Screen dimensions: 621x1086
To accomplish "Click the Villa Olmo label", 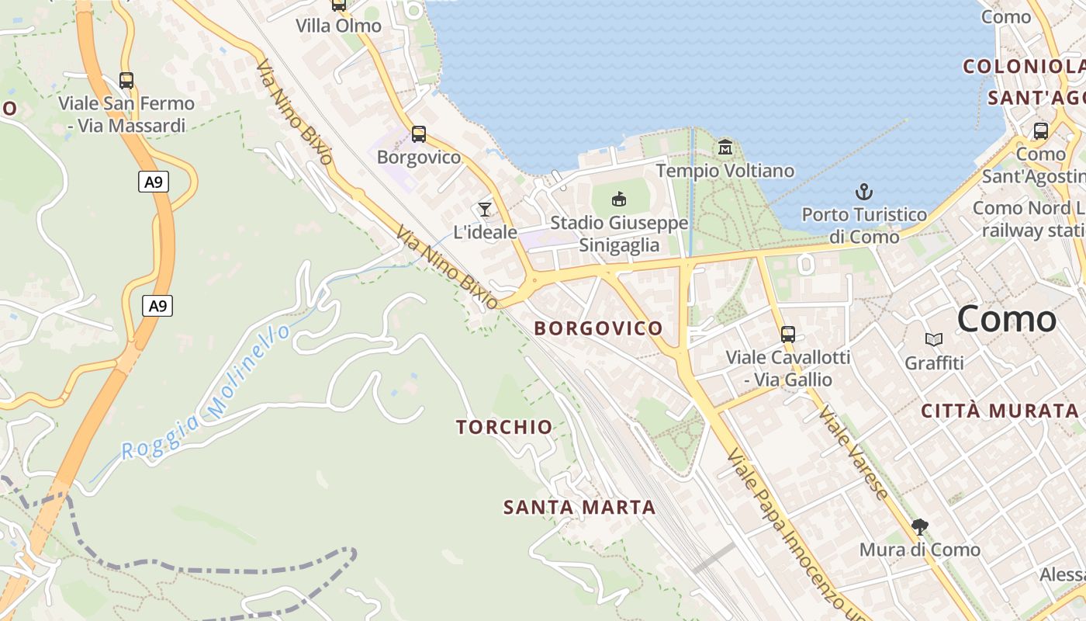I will tap(338, 26).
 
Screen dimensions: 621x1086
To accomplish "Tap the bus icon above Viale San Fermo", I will tap(126, 80).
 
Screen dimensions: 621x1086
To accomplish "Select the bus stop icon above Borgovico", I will tap(418, 134).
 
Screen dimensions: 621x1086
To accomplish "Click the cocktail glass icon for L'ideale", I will tap(485, 209).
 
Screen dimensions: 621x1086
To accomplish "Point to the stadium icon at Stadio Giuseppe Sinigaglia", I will tap(619, 199).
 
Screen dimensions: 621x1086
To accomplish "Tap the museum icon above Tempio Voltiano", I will tap(725, 146).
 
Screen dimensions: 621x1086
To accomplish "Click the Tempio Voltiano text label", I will tap(725, 171).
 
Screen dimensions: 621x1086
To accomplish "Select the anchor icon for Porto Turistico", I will tap(863, 191).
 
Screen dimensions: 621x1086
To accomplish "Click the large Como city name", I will tap(1006, 319).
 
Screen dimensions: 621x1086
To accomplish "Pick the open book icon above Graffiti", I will tap(934, 339).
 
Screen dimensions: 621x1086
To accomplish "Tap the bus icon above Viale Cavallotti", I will tap(788, 335).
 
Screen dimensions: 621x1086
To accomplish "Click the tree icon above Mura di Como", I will tap(920, 528).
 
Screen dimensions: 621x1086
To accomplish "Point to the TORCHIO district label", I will tap(504, 427).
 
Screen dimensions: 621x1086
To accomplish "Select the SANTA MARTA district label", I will tap(579, 508).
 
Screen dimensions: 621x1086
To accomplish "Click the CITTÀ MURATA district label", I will tap(999, 411).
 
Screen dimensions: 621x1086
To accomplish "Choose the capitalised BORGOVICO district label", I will tap(598, 328).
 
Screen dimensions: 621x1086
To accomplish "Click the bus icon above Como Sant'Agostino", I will tap(1040, 131).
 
